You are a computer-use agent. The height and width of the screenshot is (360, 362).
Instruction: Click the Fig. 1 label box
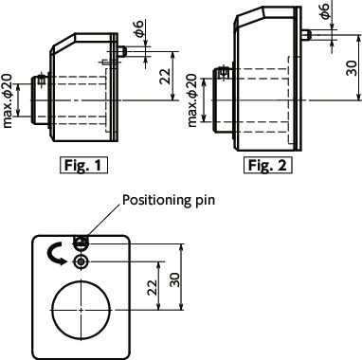pos(83,163)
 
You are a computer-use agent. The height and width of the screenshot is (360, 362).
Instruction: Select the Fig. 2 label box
pos(269,166)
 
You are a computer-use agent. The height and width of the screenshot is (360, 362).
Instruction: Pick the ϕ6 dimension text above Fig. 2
pos(325,12)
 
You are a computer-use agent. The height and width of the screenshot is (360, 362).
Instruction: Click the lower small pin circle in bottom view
pos(82,260)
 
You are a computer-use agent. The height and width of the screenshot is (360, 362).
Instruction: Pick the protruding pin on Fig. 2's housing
pos(309,35)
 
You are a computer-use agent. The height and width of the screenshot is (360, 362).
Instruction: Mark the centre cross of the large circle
pos(82,310)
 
